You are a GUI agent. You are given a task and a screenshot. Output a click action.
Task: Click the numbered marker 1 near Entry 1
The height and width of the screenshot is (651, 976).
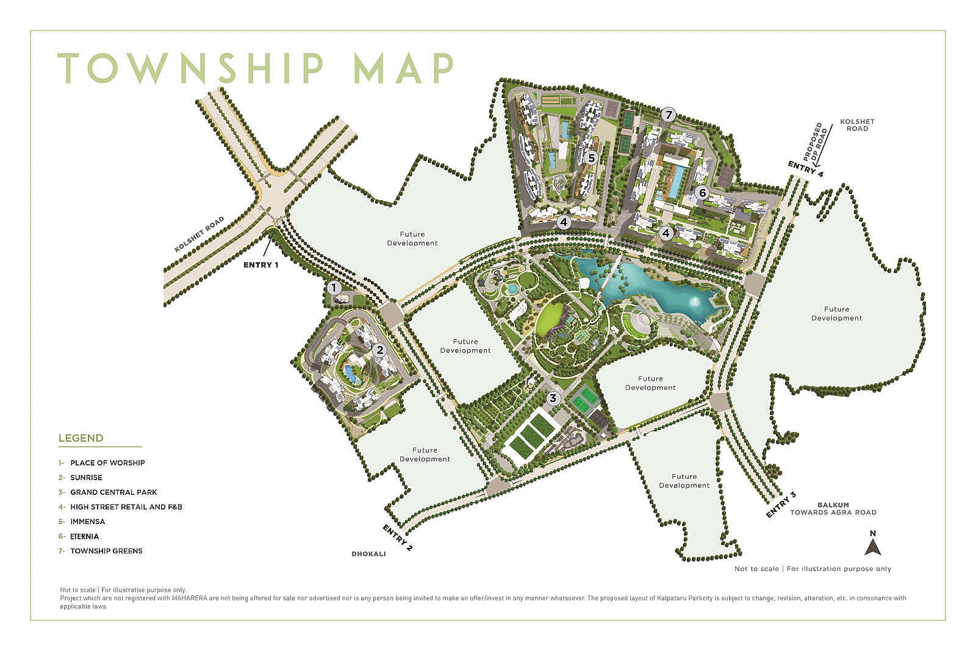tap(333, 287)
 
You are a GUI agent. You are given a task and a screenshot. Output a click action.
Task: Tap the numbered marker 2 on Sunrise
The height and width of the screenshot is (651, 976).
tap(379, 350)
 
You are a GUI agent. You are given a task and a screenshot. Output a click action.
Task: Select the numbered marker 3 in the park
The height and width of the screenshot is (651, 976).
tap(553, 398)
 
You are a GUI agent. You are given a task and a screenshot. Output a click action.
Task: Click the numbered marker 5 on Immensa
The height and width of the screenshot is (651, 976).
tap(590, 157)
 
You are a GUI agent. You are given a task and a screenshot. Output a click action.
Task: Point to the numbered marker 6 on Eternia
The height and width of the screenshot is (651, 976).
tap(702, 193)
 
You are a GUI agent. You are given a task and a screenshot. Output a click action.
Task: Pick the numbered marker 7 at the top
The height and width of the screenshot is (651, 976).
tap(669, 114)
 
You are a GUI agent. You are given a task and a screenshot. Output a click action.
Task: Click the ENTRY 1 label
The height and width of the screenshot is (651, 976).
tap(260, 265)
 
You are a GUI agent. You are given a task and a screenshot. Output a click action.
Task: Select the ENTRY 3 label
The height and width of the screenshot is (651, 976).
tap(781, 504)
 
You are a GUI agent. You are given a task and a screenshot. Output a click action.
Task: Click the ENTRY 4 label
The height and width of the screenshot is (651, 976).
tap(805, 169)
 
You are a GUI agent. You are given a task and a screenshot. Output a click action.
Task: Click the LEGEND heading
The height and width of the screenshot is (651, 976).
tap(81, 438)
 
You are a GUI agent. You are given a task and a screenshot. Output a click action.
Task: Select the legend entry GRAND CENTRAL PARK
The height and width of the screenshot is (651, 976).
tap(113, 492)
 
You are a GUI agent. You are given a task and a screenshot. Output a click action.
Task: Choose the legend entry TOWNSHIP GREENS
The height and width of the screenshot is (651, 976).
tap(106, 551)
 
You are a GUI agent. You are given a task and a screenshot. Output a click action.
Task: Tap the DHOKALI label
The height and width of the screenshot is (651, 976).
tap(368, 554)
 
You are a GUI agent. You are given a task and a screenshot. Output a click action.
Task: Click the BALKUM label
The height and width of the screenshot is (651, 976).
tap(833, 505)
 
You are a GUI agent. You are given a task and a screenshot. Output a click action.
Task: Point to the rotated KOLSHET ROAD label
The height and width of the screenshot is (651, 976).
tap(199, 234)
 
